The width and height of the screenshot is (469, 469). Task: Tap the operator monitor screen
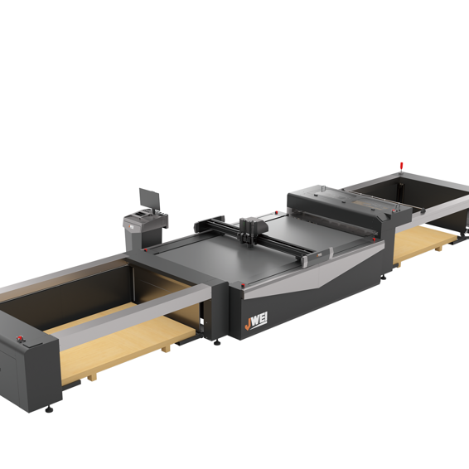pyautogui.click(x=149, y=199)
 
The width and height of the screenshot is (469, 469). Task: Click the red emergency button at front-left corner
pyautogui.click(x=19, y=339)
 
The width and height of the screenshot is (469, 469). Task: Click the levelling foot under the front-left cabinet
pyautogui.click(x=50, y=408)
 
